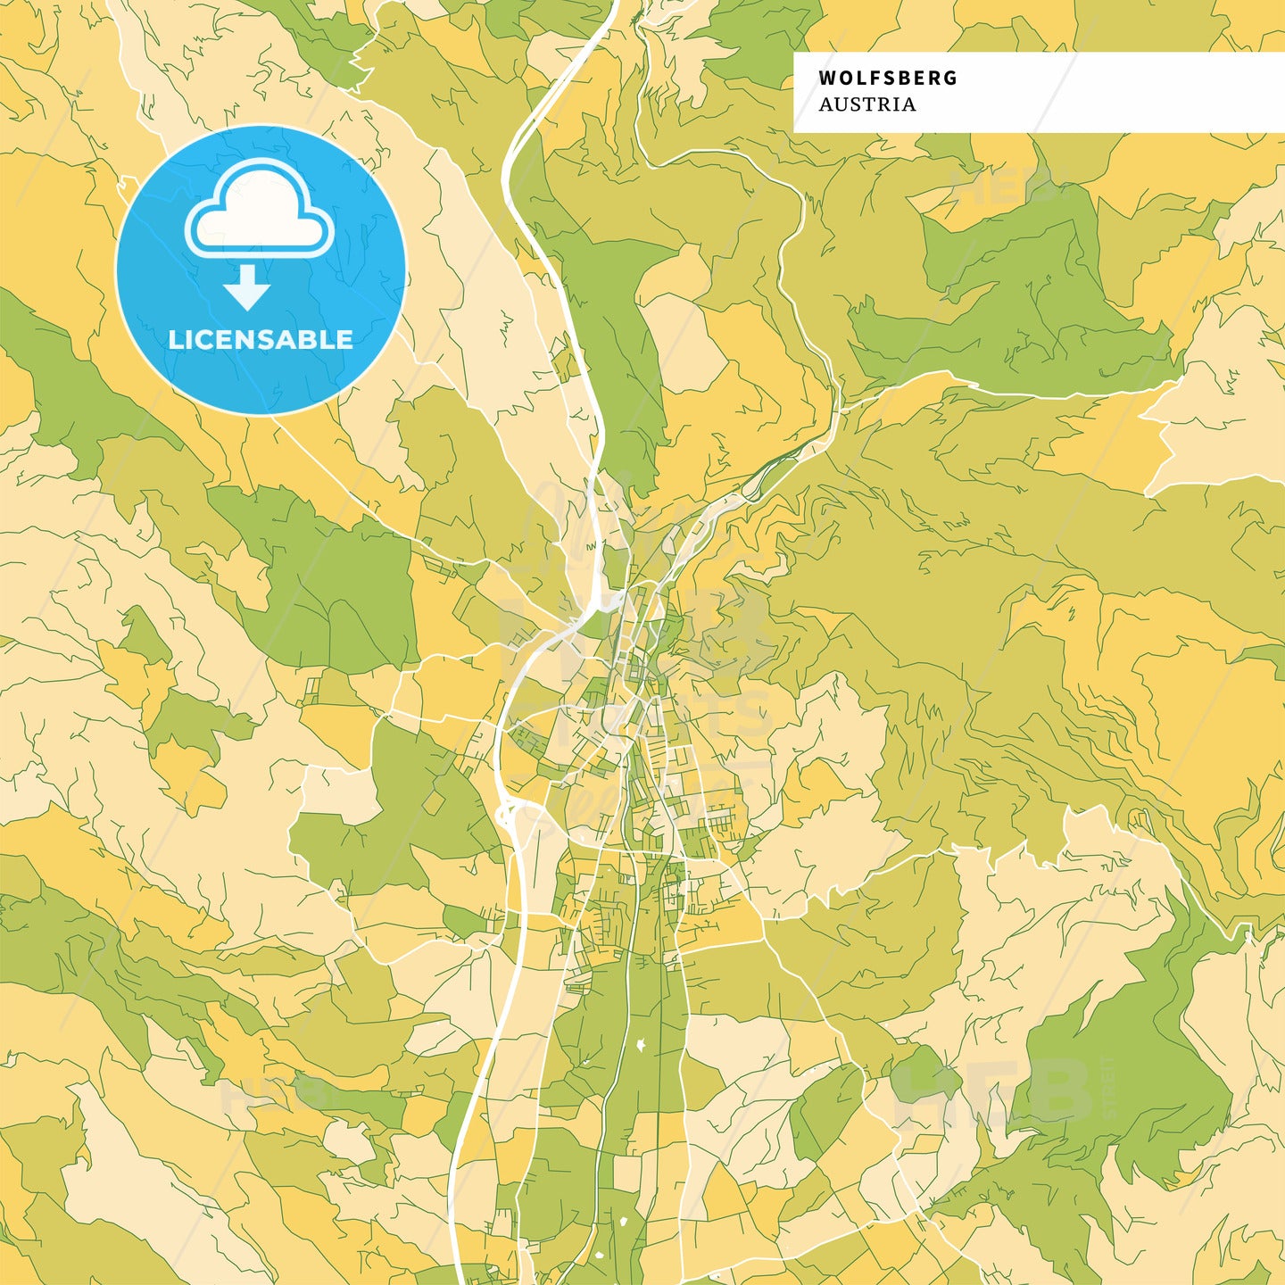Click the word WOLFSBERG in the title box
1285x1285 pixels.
(887, 79)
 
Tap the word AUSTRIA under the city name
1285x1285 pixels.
(866, 104)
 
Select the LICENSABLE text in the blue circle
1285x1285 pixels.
(261, 340)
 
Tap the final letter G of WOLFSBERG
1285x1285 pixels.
(950, 79)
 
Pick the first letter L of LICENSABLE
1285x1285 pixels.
(174, 340)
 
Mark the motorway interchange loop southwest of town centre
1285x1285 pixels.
(511, 814)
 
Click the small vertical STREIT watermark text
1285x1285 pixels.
(1109, 1089)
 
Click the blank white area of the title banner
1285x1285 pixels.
(1115, 92)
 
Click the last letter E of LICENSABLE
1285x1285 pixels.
(344, 340)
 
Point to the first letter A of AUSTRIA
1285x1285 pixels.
(825, 104)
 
